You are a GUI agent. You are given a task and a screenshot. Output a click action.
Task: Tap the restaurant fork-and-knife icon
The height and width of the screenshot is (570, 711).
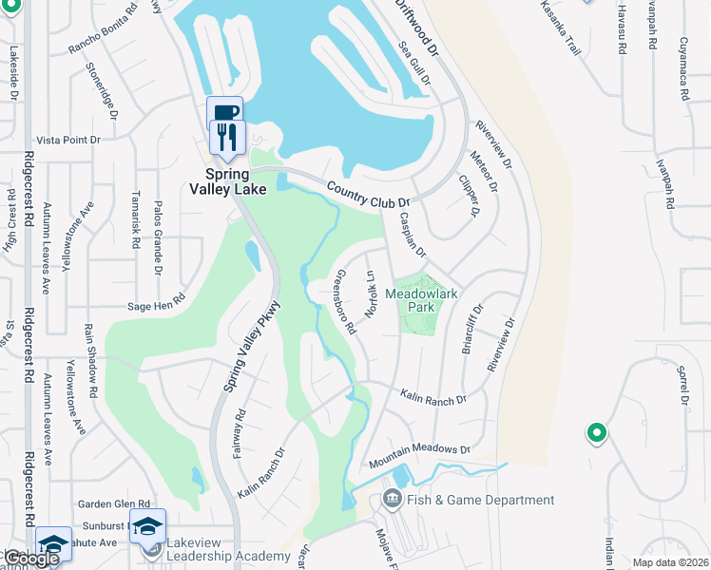coord(227,137)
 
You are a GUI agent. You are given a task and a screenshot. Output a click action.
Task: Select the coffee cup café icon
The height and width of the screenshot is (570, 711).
coord(224,112)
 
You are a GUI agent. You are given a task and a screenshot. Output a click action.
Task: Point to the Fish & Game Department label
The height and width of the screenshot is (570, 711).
coord(480,500)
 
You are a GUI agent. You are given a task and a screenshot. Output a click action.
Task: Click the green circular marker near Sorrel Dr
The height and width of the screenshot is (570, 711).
coord(596,433)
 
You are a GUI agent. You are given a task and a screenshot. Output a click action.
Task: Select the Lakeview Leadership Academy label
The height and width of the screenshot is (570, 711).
coord(227,556)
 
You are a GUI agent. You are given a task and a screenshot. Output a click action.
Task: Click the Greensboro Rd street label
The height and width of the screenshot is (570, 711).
coord(344,302)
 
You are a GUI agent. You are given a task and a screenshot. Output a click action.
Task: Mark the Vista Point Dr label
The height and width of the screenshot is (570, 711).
coord(67,140)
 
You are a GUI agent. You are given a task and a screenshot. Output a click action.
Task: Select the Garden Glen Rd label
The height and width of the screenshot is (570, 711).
coord(115,504)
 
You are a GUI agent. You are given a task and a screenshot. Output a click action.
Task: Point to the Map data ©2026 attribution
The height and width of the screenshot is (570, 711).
coord(670,562)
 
